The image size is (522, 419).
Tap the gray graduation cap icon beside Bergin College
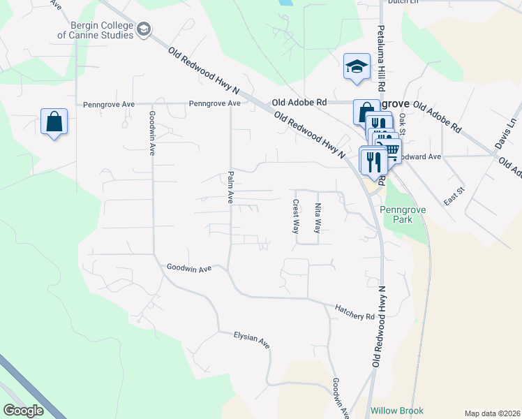(144, 29)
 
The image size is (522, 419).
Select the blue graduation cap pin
(357, 67)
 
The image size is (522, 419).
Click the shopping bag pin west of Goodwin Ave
(54, 122)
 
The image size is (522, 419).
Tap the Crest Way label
(295, 216)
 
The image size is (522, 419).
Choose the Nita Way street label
(318, 217)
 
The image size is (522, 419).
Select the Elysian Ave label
(252, 339)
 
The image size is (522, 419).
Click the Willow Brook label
(397, 411)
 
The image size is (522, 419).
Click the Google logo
(23, 410)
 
